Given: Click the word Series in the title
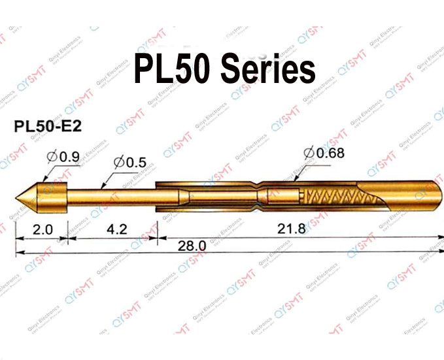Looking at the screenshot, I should (267, 69).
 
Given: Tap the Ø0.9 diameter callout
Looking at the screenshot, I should (64, 157).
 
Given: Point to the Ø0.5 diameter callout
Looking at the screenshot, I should (129, 161).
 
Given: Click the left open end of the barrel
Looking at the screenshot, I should (158, 195).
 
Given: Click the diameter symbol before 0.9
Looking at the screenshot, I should (52, 157).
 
